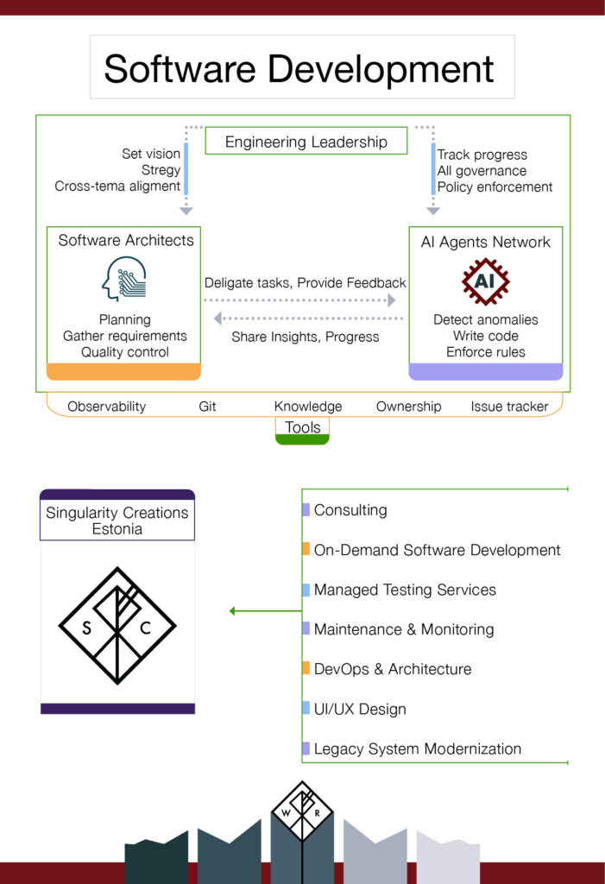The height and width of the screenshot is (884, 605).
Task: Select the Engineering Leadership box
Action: point(306,142)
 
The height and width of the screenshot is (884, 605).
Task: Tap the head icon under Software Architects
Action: point(123,279)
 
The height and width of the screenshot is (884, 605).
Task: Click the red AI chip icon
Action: point(485,281)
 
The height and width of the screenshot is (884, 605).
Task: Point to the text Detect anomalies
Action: point(485,319)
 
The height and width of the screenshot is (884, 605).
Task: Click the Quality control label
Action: point(124,352)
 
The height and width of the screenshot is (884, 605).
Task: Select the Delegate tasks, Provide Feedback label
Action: point(305,283)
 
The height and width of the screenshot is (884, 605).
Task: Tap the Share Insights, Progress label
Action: point(305,337)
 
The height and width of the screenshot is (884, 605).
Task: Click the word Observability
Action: point(106,407)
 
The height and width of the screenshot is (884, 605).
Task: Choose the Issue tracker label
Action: point(509,407)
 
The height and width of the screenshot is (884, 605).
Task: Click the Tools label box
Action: point(302,427)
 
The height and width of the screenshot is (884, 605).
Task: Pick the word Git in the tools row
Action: point(207,407)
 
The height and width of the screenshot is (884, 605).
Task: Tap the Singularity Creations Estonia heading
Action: point(117,521)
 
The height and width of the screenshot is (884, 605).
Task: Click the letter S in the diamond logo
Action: point(87,628)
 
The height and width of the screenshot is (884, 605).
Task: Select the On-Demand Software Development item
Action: point(437,550)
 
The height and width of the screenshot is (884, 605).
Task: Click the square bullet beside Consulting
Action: point(306,510)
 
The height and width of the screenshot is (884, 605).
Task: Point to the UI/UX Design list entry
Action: point(359,709)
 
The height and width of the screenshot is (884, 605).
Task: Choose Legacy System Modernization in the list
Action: point(417,748)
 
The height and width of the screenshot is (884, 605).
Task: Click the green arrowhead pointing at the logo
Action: point(233,611)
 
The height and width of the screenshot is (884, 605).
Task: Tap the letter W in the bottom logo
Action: point(285,811)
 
